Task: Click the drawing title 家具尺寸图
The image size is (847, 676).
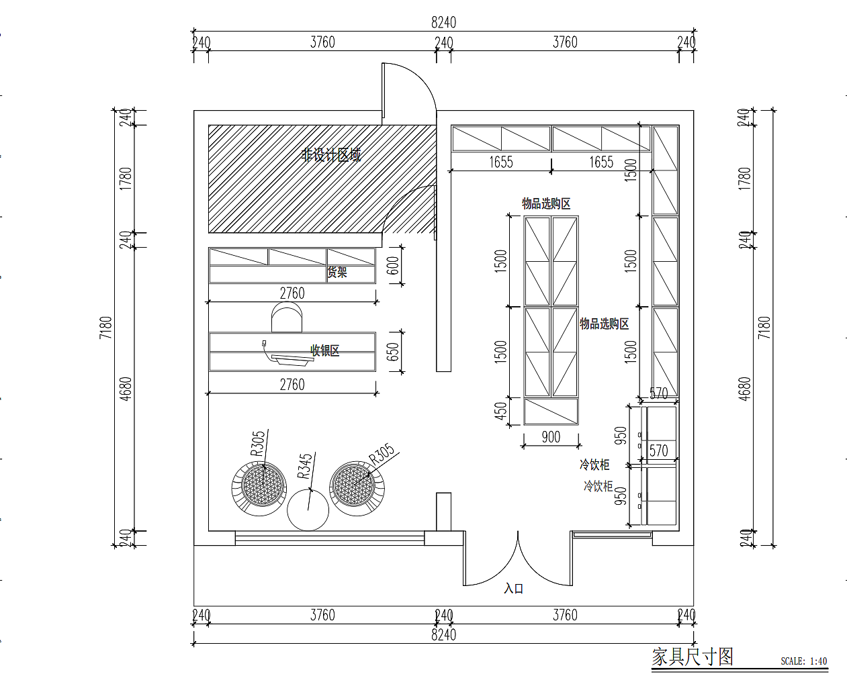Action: (693, 657)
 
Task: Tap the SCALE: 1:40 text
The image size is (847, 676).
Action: (803, 661)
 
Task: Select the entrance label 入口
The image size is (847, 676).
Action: (513, 589)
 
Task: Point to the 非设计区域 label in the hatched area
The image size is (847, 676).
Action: (331, 155)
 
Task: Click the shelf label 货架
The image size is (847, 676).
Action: (337, 273)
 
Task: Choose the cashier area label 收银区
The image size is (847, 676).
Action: (324, 350)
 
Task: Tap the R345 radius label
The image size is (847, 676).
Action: (305, 466)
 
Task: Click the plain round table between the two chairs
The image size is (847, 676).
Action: (308, 510)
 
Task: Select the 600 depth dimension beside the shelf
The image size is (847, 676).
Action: (394, 266)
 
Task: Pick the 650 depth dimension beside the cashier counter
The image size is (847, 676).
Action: (394, 351)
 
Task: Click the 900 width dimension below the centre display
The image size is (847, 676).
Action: (551, 437)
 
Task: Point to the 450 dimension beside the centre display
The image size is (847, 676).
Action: (501, 411)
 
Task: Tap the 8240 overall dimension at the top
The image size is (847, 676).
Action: (443, 22)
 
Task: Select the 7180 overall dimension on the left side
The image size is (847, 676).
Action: (106, 328)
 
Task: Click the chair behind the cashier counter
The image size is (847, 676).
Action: (287, 317)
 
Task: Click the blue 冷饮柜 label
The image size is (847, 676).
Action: (598, 486)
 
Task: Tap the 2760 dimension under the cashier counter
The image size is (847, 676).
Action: (292, 385)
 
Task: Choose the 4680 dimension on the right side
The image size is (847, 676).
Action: (744, 389)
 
